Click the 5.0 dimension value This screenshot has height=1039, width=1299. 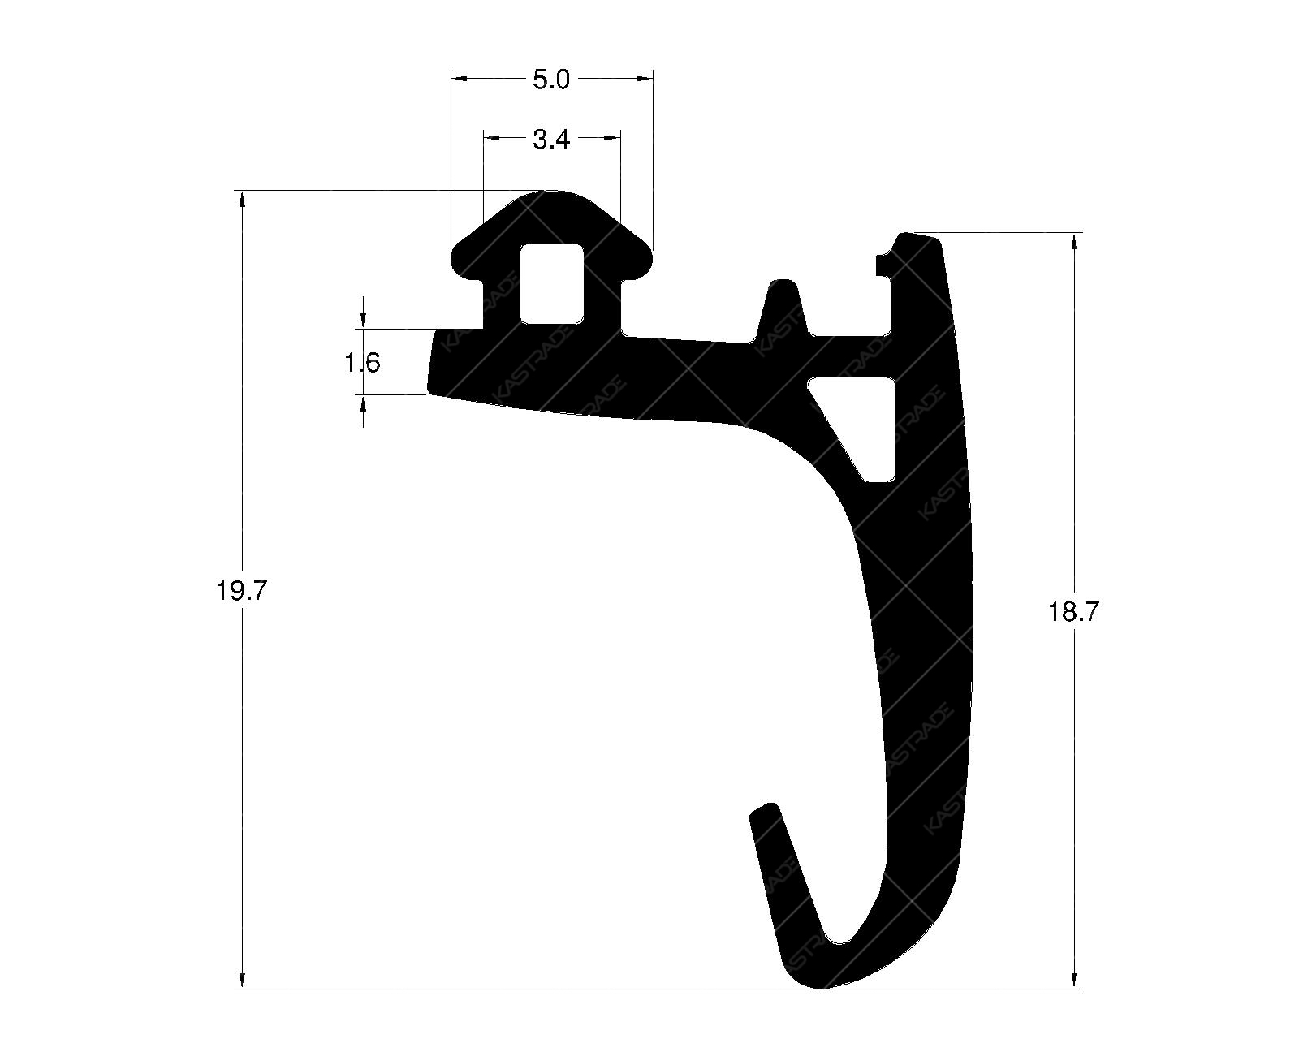[551, 80]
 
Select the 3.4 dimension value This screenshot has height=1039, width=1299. [551, 140]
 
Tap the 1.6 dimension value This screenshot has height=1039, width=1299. [362, 362]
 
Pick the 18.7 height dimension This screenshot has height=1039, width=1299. [1073, 612]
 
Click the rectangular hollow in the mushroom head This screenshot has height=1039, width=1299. [552, 282]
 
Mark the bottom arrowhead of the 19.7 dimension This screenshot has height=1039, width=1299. [241, 980]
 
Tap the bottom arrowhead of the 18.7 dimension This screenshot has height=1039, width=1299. [1075, 980]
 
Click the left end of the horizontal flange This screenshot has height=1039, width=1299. [432, 362]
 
